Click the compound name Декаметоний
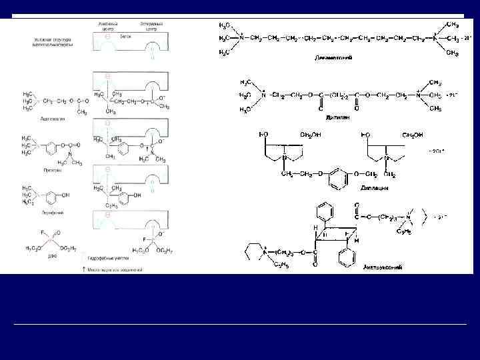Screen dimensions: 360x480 (333, 58)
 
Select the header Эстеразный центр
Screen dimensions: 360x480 (151, 24)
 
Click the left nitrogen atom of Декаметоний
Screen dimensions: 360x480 (242, 37)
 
